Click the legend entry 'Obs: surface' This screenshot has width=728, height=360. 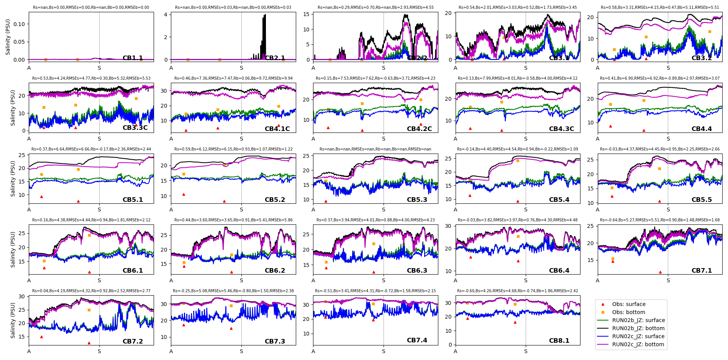629,304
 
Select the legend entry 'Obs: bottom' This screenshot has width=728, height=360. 628,312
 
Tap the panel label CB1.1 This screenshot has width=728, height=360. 133,58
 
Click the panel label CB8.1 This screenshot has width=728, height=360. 559,340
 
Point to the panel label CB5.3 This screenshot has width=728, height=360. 417,200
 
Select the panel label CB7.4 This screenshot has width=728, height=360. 417,340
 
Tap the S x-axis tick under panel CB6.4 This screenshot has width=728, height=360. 526,280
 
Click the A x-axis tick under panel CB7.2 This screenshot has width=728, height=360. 29,351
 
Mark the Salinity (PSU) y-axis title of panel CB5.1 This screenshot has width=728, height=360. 13,178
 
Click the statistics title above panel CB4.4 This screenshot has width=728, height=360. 660,78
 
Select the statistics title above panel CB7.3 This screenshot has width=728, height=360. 233,291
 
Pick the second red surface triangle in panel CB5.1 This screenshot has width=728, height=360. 78,201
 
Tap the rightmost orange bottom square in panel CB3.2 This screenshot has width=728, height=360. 710,31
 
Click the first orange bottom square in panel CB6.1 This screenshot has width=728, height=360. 44,261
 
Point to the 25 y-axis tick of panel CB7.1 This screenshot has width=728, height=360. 591,226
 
